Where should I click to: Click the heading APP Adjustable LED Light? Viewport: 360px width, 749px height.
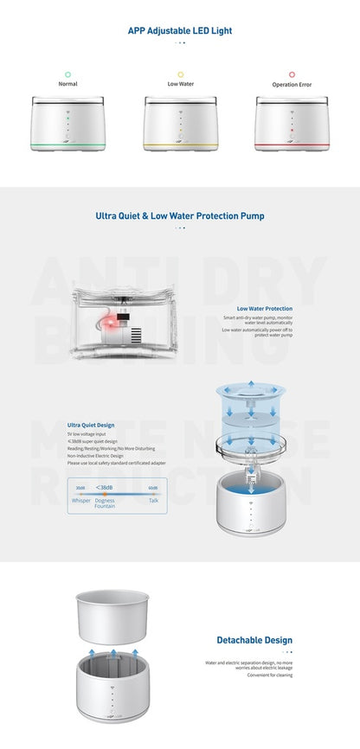point(180,30)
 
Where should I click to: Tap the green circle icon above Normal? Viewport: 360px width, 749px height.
point(67,74)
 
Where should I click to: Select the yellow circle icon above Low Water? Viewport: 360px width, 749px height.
point(180,74)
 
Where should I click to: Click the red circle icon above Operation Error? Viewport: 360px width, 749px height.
point(292,74)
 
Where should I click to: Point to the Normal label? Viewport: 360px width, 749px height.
point(67,84)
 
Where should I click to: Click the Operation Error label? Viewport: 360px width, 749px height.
point(292,84)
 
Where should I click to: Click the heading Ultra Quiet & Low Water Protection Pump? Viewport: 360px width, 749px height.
point(180,216)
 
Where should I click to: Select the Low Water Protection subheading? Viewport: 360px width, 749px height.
point(264,308)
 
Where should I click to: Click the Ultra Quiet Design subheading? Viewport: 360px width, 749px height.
point(93,425)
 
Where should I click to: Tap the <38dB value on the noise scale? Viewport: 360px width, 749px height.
point(103,488)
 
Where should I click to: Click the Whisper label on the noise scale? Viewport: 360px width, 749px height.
point(81,500)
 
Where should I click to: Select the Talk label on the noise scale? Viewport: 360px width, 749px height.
point(153,500)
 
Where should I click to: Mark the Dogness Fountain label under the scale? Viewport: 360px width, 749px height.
point(105,503)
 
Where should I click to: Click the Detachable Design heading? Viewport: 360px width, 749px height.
point(254,640)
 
